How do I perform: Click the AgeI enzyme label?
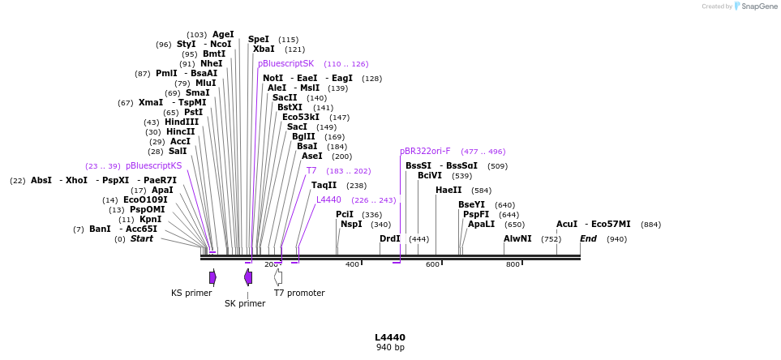point(223,35)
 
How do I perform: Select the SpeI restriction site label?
point(259,39)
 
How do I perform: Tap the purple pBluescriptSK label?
point(285,64)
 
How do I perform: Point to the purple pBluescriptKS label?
point(153,166)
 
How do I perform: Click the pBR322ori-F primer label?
point(425,152)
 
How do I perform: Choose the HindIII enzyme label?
point(182,122)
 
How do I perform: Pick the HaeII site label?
point(448,191)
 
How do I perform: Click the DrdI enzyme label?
point(390,239)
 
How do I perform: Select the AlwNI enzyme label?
point(517,239)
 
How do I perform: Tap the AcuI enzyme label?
point(567,225)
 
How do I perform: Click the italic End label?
point(588,239)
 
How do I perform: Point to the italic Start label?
point(141,239)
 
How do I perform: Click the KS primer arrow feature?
point(212,277)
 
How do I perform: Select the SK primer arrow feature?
point(248,277)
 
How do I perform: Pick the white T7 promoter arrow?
point(278,277)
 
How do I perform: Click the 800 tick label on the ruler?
point(513,264)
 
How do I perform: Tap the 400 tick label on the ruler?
point(352,264)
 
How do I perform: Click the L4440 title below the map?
point(390,337)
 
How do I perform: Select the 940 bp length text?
point(390,348)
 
